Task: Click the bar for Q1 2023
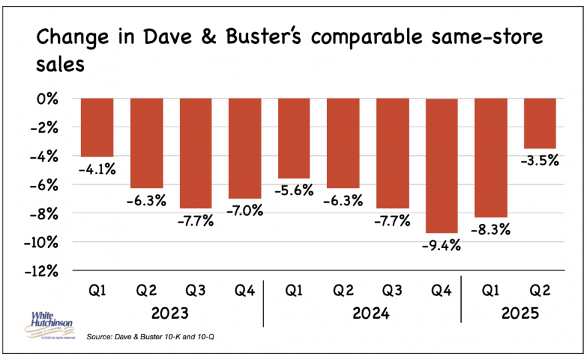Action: (x=97, y=127)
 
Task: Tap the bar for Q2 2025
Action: (x=540, y=123)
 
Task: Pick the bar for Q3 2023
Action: (x=196, y=153)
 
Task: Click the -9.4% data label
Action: (x=442, y=245)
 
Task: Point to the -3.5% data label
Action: (x=540, y=161)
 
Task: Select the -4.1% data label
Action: (x=97, y=169)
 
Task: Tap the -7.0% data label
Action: (x=245, y=211)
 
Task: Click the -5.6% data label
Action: (x=294, y=190)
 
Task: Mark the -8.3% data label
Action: (x=491, y=230)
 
